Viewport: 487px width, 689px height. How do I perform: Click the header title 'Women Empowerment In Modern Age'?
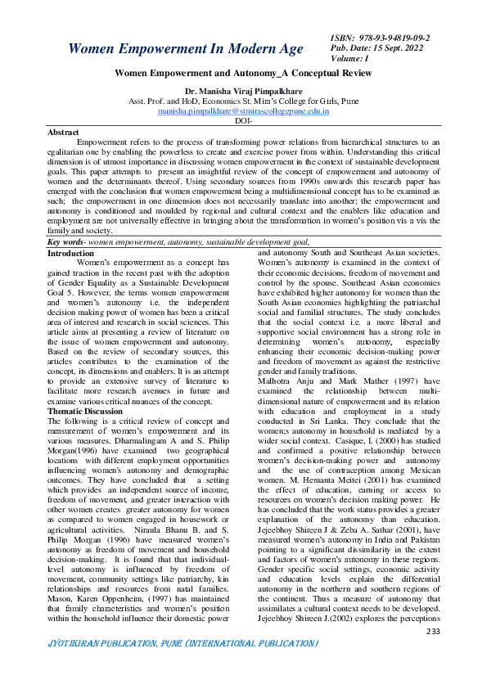185,49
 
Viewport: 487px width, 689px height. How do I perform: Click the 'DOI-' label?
243,119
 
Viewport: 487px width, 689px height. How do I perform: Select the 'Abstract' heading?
63,132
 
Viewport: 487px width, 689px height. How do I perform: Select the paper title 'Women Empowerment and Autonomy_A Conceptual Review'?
243,74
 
